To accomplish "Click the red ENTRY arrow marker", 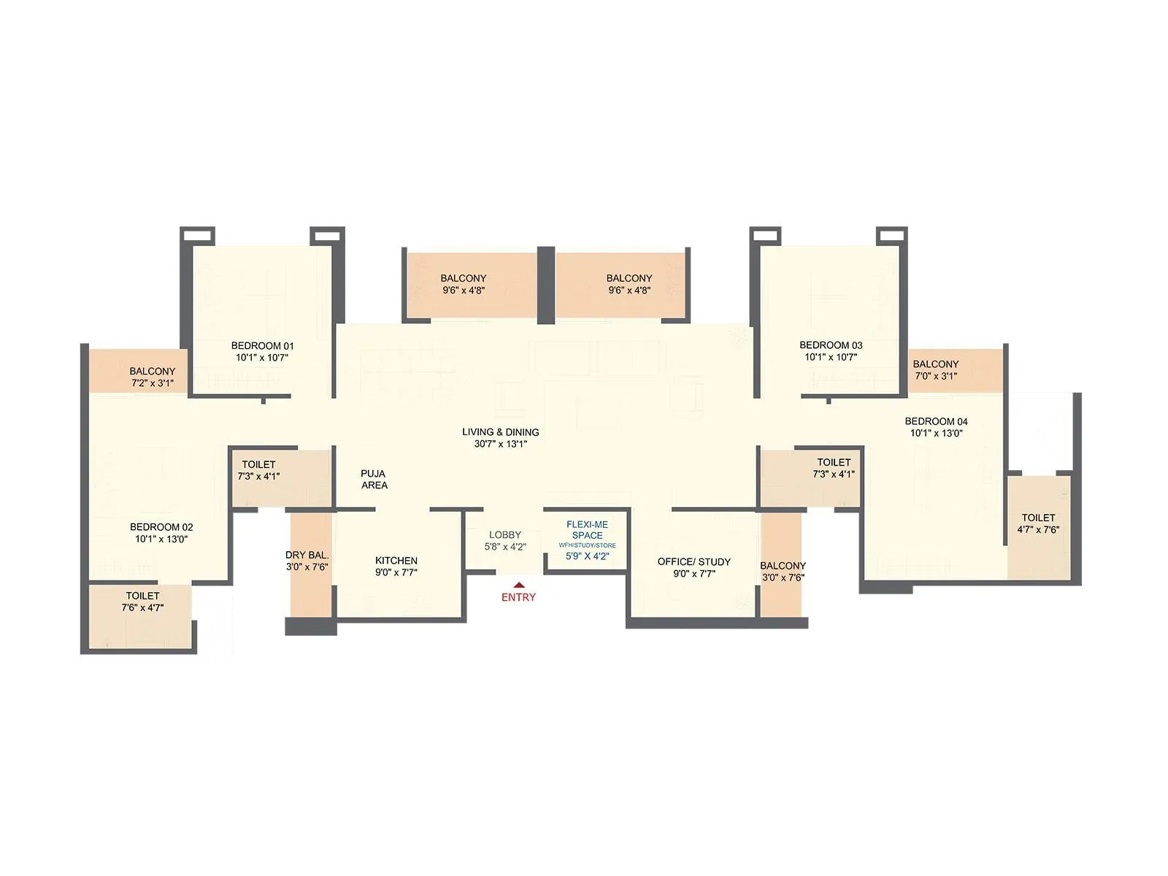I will coord(518,584).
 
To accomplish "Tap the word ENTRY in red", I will coord(518,597).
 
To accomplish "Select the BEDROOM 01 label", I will coord(262,346).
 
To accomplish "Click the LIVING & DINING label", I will coord(501,432).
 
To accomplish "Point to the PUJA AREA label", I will coord(374,480).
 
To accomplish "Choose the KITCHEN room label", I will coord(396,561).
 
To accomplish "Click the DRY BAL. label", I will coord(307,556).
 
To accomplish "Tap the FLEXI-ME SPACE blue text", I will coord(587,530).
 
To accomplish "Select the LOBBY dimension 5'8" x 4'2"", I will coord(505,547).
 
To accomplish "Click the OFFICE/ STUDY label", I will coord(693,561).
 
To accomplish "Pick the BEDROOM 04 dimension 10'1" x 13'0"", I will coord(936,433).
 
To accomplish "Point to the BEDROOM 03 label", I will coord(831,345).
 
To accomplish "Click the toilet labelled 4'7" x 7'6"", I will coord(1038,524).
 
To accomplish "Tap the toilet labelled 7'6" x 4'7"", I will coord(142,602).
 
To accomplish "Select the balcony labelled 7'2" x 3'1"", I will coord(153,377).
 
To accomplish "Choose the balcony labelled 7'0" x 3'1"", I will coord(935,370).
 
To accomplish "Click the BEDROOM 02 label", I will coord(161,527).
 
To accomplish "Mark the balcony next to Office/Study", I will coord(783,571).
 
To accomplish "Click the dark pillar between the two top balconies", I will coord(546,285).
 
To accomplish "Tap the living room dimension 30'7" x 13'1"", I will coord(501,444).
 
